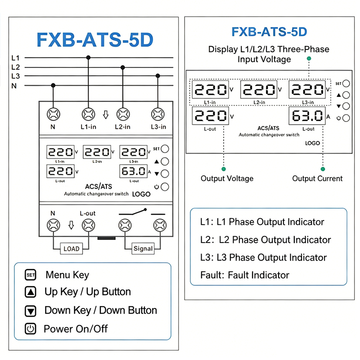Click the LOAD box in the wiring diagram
click(72, 249)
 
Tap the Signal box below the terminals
click(143, 248)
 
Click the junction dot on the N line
click(53, 85)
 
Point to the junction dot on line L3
click(158, 76)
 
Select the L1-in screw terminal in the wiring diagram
click(88, 114)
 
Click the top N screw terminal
click(54, 114)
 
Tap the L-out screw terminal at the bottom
click(88, 225)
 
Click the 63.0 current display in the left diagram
click(134, 171)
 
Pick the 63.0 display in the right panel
click(307, 116)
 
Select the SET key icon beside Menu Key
click(31, 275)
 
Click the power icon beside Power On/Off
click(31, 328)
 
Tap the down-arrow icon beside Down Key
click(31, 311)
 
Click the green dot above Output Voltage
click(224, 169)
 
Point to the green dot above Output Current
click(323, 169)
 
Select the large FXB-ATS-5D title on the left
click(95, 40)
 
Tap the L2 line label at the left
click(16, 67)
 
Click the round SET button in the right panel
click(346, 84)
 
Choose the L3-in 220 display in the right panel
click(307, 89)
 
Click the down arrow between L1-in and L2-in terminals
click(106, 115)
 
